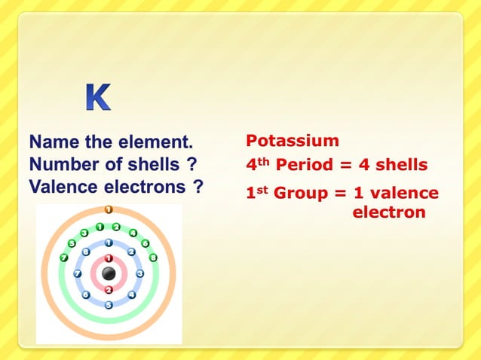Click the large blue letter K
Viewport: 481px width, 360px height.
pos(97,98)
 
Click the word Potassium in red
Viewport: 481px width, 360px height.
pos(293,141)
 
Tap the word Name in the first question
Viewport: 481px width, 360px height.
pos(51,141)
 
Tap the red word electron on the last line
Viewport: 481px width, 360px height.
pos(389,212)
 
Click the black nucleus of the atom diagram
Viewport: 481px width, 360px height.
pos(109,273)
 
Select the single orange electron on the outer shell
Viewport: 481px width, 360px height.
pos(109,209)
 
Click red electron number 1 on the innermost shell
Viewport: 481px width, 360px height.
pos(109,258)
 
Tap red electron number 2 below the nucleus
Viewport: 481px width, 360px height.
pos(109,290)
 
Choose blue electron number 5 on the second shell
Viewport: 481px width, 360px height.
pos(109,305)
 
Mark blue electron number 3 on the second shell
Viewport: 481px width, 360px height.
pos(139,273)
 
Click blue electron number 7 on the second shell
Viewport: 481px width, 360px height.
pos(78,273)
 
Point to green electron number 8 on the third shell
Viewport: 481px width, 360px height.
pos(153,258)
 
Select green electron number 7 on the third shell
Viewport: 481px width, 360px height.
pos(64,258)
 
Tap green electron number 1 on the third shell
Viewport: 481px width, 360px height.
pos(100,227)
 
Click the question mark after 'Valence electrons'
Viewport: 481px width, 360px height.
pos(198,186)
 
